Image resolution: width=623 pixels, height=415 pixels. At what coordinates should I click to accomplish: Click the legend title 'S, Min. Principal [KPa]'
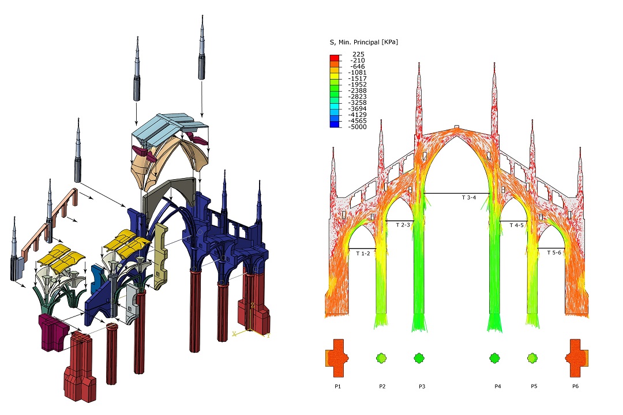coord(363,42)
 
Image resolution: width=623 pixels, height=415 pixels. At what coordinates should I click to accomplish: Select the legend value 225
coord(358,54)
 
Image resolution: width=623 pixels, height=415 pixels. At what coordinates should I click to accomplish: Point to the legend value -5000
coord(357,127)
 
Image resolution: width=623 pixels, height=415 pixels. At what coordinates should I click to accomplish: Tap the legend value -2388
coord(357,90)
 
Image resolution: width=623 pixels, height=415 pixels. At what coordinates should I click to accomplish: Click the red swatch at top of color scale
coord(335,57)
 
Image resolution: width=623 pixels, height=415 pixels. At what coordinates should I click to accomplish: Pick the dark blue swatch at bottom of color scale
coord(335,124)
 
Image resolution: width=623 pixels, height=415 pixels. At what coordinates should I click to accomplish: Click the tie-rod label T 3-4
coord(469,197)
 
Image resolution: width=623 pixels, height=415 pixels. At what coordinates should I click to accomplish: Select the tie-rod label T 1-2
coord(363,254)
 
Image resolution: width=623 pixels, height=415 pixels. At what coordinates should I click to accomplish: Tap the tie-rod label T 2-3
coord(403,225)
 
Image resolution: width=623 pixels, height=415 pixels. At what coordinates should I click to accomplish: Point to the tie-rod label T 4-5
coord(516,225)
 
